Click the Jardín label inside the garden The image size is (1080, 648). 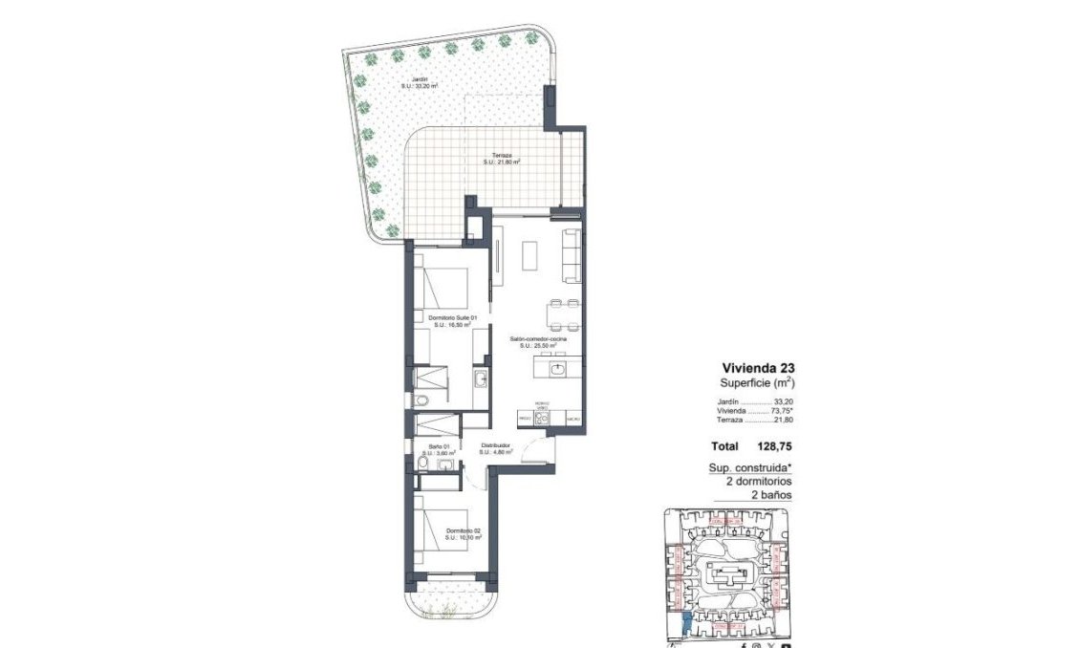point(419,82)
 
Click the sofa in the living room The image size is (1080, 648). point(572,256)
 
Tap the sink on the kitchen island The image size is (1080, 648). point(560,367)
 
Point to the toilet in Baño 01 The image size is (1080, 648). point(422,465)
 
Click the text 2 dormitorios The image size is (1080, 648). point(759,482)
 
